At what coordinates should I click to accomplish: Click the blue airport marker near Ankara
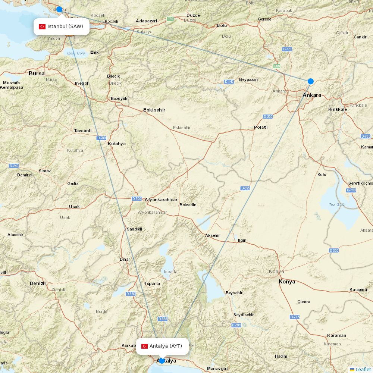(x=310, y=81)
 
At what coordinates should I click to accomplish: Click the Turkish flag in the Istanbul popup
(x=42, y=26)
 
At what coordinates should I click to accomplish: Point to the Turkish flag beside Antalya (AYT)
(x=144, y=346)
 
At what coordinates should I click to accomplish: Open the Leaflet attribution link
(x=363, y=369)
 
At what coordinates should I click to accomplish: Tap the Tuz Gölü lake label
(x=337, y=205)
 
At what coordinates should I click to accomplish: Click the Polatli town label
(x=261, y=127)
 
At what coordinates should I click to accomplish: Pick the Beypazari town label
(x=248, y=79)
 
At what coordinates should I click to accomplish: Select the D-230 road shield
(x=101, y=138)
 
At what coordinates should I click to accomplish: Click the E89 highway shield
(x=277, y=66)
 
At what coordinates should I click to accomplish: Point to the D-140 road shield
(x=229, y=81)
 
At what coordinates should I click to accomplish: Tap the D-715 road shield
(x=295, y=317)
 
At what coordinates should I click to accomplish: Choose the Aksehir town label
(x=212, y=235)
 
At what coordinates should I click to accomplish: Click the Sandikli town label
(x=134, y=229)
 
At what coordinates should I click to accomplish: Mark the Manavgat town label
(x=217, y=369)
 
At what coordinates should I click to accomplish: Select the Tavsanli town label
(x=82, y=131)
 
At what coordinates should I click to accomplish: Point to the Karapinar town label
(x=358, y=289)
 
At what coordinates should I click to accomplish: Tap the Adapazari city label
(x=146, y=21)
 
